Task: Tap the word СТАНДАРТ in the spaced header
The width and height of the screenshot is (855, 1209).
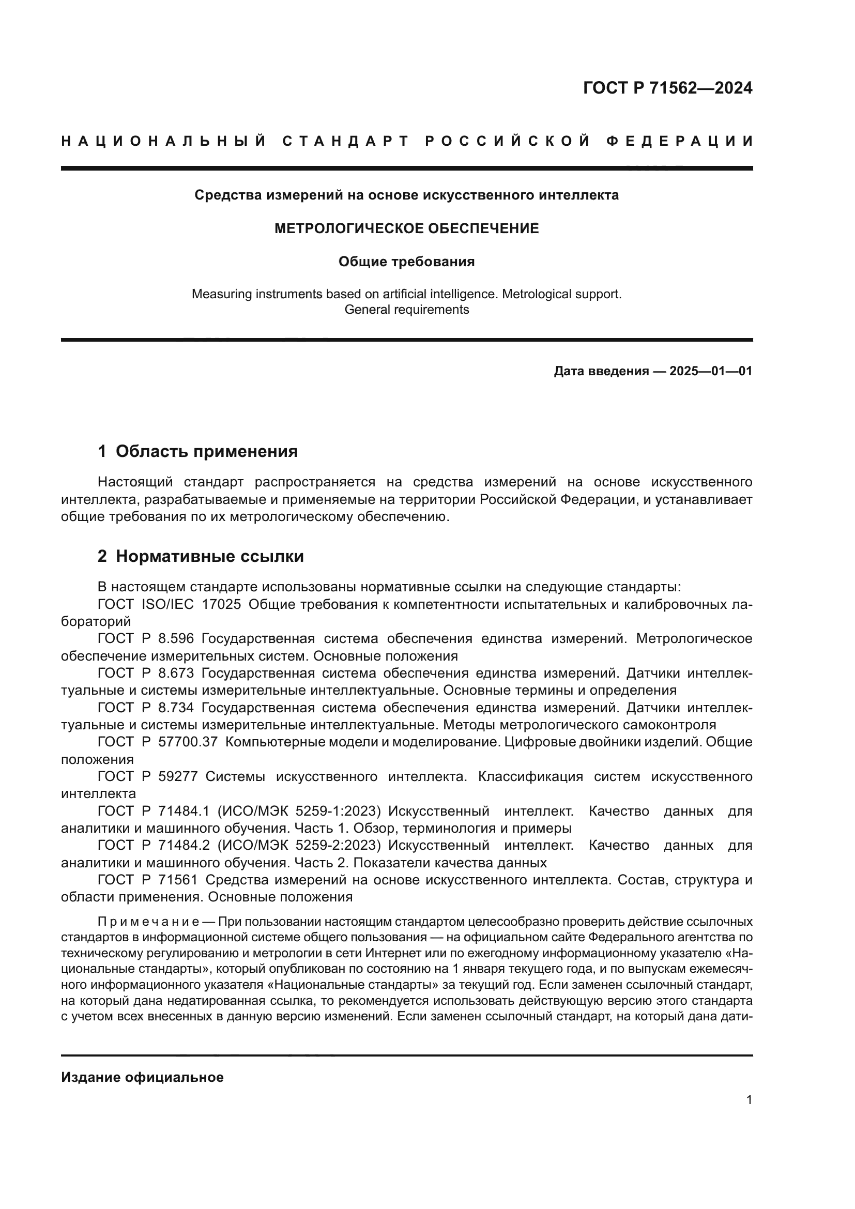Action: [x=346, y=141]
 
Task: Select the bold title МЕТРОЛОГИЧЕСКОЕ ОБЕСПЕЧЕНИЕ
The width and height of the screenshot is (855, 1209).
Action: [x=406, y=228]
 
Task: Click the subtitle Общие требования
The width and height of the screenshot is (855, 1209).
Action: [x=406, y=262]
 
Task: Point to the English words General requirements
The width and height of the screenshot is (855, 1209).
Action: [x=406, y=310]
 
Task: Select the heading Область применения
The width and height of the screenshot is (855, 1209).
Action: [x=206, y=451]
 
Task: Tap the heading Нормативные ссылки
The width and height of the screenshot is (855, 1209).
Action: [x=209, y=557]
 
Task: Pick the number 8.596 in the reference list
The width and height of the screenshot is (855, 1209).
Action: [x=176, y=639]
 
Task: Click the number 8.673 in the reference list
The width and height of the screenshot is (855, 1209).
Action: [x=176, y=674]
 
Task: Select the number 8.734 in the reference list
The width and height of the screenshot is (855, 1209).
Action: [x=176, y=708]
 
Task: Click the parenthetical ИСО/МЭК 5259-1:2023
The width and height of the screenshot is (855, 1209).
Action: [x=298, y=811]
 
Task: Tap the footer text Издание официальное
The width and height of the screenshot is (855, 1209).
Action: [x=142, y=1077]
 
